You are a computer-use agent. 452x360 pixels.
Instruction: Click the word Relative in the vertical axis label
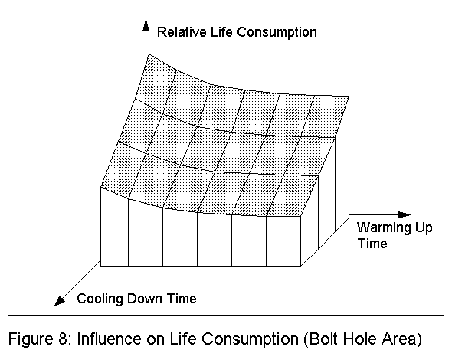[x=179, y=32]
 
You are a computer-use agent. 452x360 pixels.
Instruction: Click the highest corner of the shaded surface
[x=148, y=55]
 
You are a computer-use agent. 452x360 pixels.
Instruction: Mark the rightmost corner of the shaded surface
[x=349, y=97]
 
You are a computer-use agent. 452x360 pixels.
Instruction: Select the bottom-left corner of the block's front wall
[x=101, y=266]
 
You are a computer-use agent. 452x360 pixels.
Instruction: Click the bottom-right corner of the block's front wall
[x=301, y=266]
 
